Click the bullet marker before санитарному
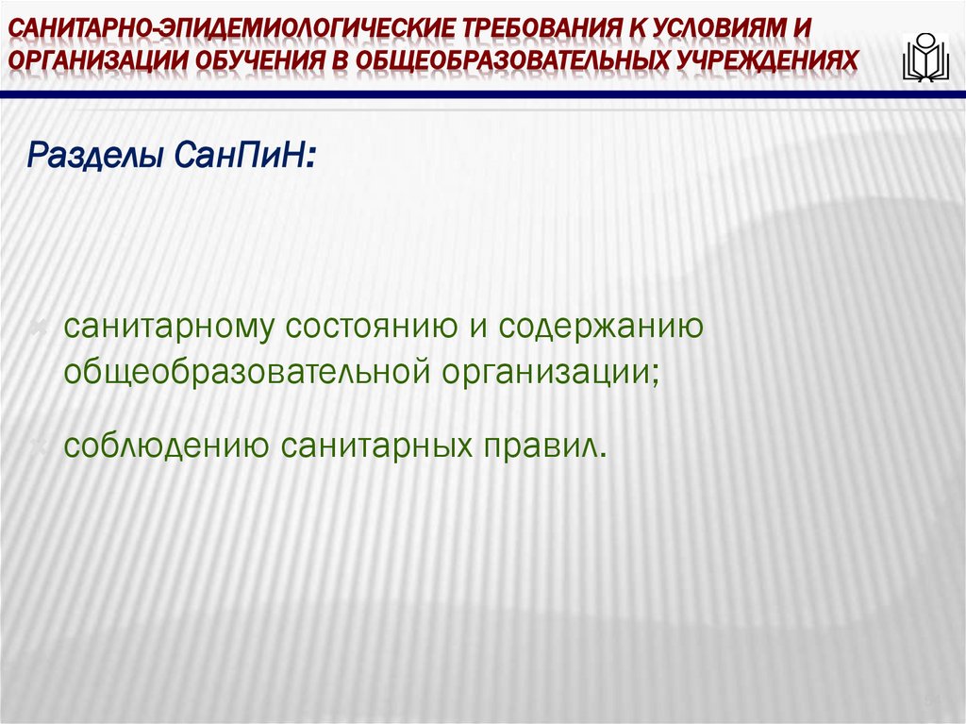[x=40, y=328]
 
